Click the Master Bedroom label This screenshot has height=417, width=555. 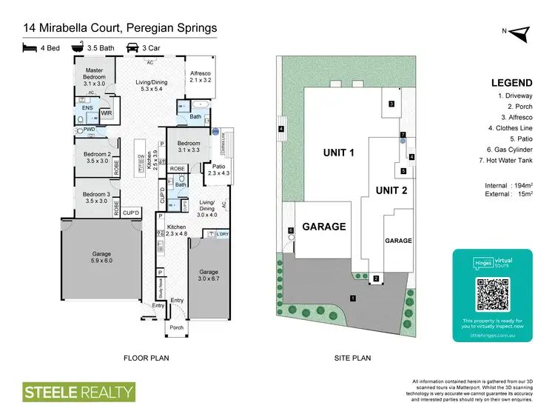93,78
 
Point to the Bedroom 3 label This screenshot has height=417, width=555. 98,196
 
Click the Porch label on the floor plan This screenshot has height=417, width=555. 176,328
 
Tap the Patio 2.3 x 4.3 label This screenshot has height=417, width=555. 218,170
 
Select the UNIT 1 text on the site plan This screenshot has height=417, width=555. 339,153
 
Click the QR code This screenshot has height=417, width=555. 492,295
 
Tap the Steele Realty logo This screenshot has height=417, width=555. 78,391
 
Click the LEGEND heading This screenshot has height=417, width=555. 511,83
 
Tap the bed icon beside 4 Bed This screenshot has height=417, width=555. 29,47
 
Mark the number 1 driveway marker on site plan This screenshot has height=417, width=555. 353,298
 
